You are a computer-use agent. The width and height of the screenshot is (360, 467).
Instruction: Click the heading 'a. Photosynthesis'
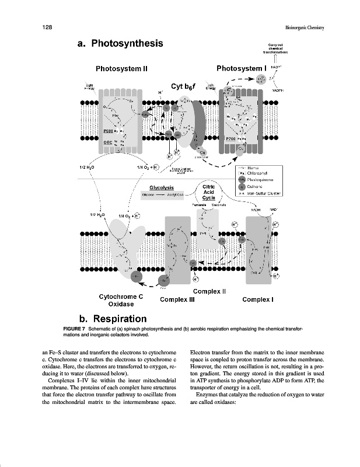tap(119, 44)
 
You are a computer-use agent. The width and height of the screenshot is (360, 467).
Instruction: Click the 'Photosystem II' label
tap(121, 68)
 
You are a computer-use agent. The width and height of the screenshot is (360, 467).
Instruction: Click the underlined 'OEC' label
tap(108, 142)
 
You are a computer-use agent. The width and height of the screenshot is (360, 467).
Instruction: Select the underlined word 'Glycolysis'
tap(162, 187)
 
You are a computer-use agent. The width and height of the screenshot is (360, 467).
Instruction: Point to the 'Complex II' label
tap(209, 291)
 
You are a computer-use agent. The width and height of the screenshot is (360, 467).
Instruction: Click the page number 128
tap(48, 27)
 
